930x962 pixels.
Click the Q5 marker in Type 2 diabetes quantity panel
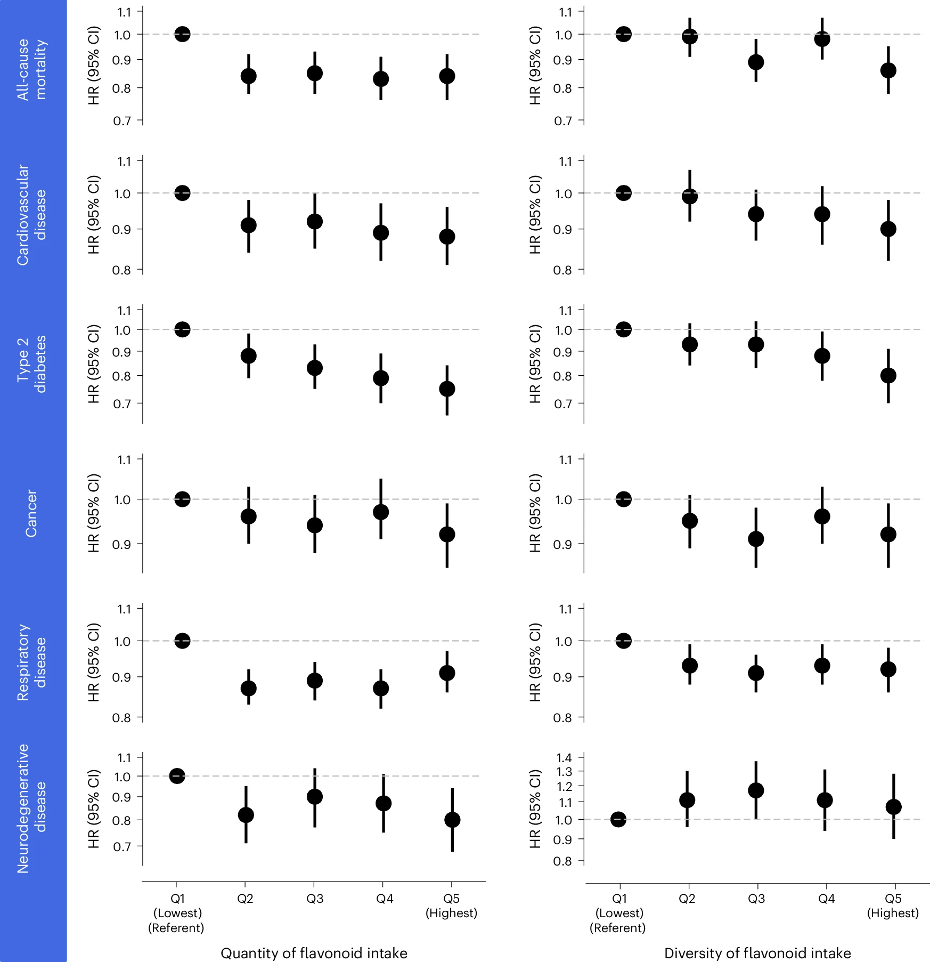[x=447, y=389]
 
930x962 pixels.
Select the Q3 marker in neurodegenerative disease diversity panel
[x=756, y=790]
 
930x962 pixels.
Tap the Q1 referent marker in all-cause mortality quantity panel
[x=182, y=34]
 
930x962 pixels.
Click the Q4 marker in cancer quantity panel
[x=381, y=512]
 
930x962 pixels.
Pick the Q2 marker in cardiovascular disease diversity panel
[x=690, y=197]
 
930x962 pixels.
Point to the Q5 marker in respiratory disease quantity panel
[x=447, y=673]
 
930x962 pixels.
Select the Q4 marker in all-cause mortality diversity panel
[x=822, y=39]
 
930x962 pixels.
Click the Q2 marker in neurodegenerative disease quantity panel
[x=246, y=815]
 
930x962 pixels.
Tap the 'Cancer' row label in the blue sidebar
[x=31, y=513]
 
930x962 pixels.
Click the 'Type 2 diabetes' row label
[x=31, y=365]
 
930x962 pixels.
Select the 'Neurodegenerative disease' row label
[x=31, y=809]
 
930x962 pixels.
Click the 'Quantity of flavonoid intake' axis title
[x=314, y=953]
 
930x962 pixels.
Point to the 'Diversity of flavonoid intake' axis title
[x=757, y=953]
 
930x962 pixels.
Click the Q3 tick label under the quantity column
[x=314, y=899]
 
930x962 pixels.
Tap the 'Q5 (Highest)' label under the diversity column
[x=893, y=906]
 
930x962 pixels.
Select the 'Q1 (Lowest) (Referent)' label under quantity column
[x=176, y=913]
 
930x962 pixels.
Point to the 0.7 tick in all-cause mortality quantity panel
[x=122, y=121]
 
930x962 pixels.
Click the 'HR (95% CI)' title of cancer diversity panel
[x=535, y=513]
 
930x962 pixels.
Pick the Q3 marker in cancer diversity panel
[x=756, y=539]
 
